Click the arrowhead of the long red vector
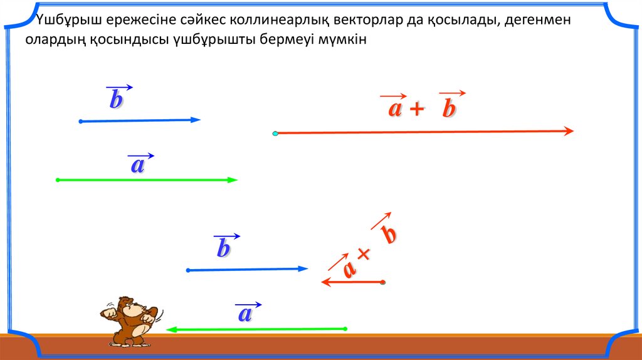click(569, 131)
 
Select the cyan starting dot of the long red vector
click(275, 134)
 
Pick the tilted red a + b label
click(362, 246)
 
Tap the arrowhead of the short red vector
click(326, 282)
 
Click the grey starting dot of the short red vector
click(383, 282)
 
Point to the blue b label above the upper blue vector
click(118, 97)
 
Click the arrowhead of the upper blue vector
click(196, 120)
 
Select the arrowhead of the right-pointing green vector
click(233, 180)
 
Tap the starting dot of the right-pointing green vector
click(58, 180)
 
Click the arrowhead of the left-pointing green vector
click(171, 329)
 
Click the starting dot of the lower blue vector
click(188, 270)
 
